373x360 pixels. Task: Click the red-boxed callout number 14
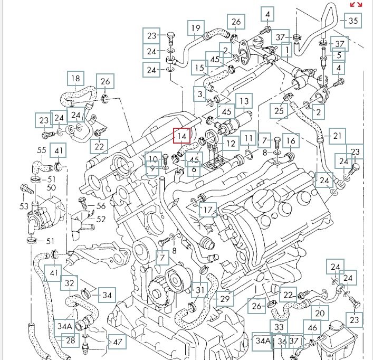(181, 136)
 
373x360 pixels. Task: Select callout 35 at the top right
(353, 21)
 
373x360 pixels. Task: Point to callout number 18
(75, 79)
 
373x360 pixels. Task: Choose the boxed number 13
(244, 101)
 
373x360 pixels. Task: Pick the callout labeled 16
(290, 140)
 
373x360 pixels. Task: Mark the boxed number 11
(248, 140)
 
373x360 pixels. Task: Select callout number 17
(208, 211)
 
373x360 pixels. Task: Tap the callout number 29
(225, 299)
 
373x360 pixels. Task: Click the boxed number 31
(199, 290)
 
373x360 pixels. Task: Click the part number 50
(51, 187)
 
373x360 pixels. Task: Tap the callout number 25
(279, 110)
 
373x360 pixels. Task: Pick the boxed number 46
(313, 328)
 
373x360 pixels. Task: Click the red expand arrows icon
(357, 5)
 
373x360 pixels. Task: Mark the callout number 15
(198, 68)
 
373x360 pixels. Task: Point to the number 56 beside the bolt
(100, 206)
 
